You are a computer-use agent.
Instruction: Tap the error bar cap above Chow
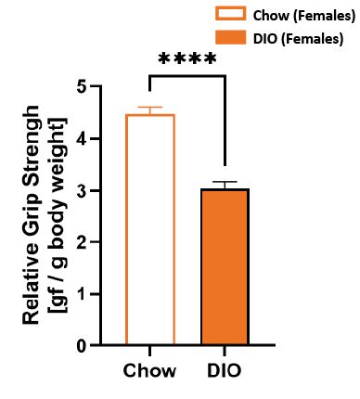coord(149,108)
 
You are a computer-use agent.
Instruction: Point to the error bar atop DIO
coord(224,184)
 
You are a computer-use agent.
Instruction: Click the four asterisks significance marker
coord(187,61)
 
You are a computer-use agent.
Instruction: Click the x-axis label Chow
coord(149,369)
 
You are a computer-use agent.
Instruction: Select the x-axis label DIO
coord(223,369)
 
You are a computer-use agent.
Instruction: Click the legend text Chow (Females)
coord(299,16)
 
